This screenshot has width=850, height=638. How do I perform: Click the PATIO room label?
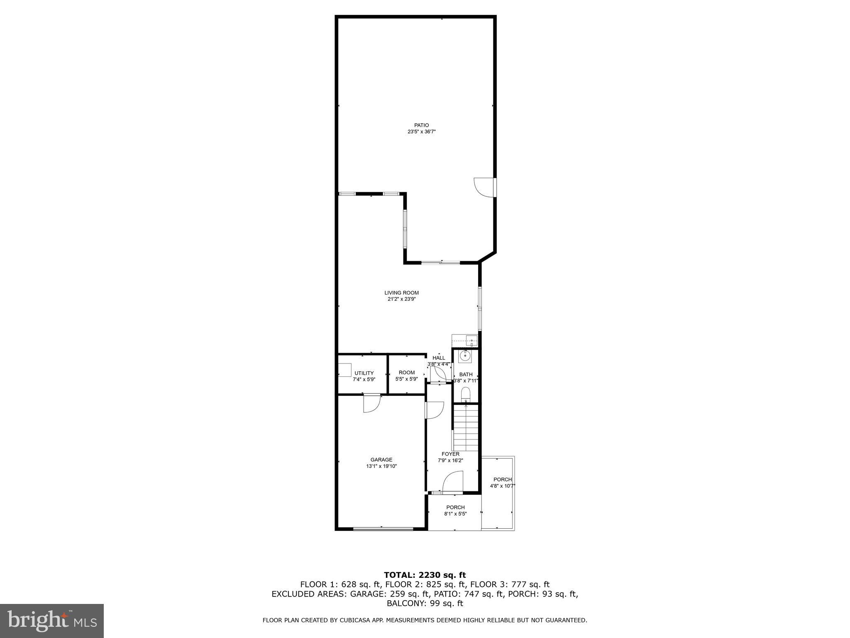pos(421,125)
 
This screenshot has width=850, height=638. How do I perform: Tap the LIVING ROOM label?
pos(401,293)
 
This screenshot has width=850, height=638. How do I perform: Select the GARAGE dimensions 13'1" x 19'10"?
pos(381,466)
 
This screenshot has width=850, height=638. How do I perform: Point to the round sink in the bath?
pos(465,356)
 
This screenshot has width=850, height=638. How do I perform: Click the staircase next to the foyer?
pos(467,428)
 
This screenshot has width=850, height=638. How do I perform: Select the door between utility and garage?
pos(371,402)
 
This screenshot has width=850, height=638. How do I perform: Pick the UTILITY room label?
pos(364,373)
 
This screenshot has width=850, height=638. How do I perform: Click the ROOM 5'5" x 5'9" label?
pos(407,373)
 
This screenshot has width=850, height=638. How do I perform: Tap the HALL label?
pos(439,358)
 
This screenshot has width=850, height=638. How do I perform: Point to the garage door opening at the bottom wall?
pos(383,529)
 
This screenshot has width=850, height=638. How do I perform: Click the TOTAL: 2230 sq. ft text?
pos(425,575)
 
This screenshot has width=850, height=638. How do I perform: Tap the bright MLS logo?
pos(52,621)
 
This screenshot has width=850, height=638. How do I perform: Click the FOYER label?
pos(450,454)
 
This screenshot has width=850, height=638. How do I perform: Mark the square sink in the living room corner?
pos(471,341)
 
